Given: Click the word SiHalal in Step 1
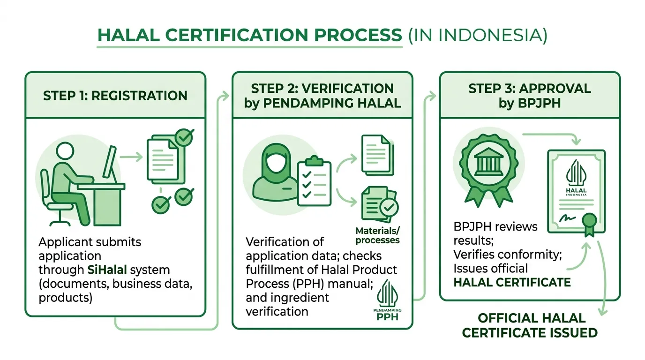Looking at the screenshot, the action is [x=107, y=270].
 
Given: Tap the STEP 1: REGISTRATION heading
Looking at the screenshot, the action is [x=115, y=96].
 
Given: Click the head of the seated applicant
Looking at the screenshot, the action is [x=65, y=151].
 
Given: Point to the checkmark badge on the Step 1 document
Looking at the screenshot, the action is [x=184, y=137].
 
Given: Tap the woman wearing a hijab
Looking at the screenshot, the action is [x=276, y=173].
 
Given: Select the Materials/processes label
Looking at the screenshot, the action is [x=377, y=235].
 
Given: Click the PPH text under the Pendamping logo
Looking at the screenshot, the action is [x=387, y=317].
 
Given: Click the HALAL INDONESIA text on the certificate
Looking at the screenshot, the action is [x=576, y=192].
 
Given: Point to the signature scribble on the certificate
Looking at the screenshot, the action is [x=567, y=218].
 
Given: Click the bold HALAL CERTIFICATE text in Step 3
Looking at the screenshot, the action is [x=512, y=282].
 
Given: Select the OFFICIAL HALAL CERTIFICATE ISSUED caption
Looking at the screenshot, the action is [x=530, y=325].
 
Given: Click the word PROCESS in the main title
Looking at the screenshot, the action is [x=358, y=35].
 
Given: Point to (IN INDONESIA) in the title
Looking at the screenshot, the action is [x=478, y=36].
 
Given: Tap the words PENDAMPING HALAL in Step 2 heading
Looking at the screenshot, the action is [x=332, y=103].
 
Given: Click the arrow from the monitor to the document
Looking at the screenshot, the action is [x=131, y=157].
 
